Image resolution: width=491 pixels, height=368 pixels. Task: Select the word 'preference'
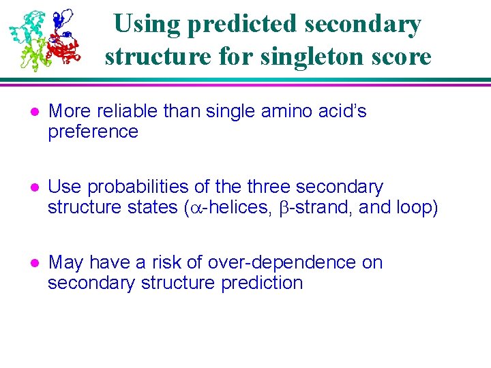point(93,132)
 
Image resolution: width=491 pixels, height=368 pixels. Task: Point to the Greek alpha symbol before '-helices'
point(194,208)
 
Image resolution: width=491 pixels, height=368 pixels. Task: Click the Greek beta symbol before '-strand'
point(285,208)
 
